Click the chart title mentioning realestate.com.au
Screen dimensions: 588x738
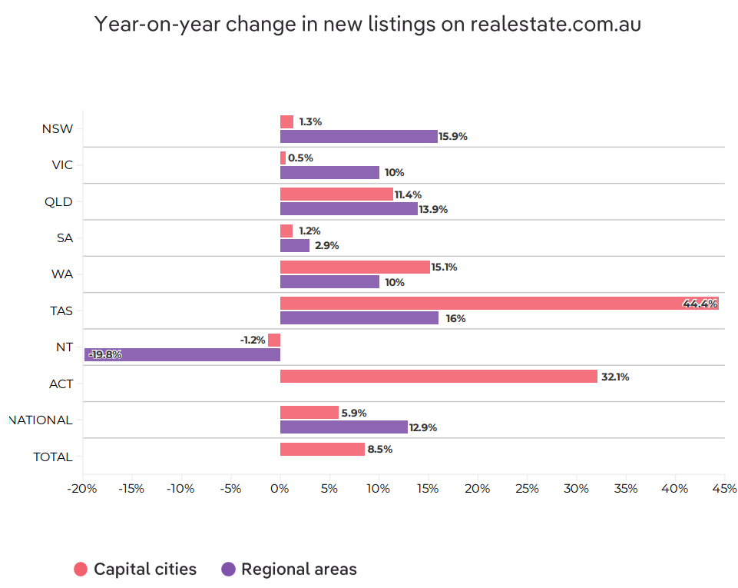[x=367, y=24]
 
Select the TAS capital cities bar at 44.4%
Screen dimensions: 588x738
[x=499, y=304]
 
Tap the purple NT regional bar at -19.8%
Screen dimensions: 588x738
[x=182, y=354]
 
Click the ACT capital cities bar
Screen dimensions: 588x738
[x=438, y=377]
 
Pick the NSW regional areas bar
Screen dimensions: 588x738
[x=359, y=136]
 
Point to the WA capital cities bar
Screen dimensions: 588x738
[x=355, y=267]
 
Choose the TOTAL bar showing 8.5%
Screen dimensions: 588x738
[x=323, y=450]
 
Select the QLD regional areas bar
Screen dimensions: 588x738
[x=349, y=209]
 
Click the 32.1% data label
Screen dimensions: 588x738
[x=614, y=377]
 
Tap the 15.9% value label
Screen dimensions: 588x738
[x=453, y=137]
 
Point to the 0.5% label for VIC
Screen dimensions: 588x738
[x=300, y=158]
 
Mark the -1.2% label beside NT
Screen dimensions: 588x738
[x=252, y=340]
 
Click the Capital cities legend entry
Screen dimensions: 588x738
[x=136, y=570]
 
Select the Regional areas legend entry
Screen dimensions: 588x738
[x=289, y=570]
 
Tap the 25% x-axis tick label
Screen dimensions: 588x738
[x=527, y=489]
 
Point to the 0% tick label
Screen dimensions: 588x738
[x=280, y=489]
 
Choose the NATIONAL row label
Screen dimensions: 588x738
[x=41, y=420]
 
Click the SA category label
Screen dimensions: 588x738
[x=65, y=238]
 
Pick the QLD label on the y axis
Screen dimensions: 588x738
[x=59, y=202]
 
